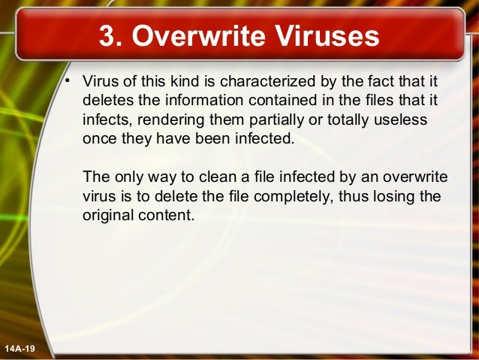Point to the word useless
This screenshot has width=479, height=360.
pyautogui.click(x=400, y=120)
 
